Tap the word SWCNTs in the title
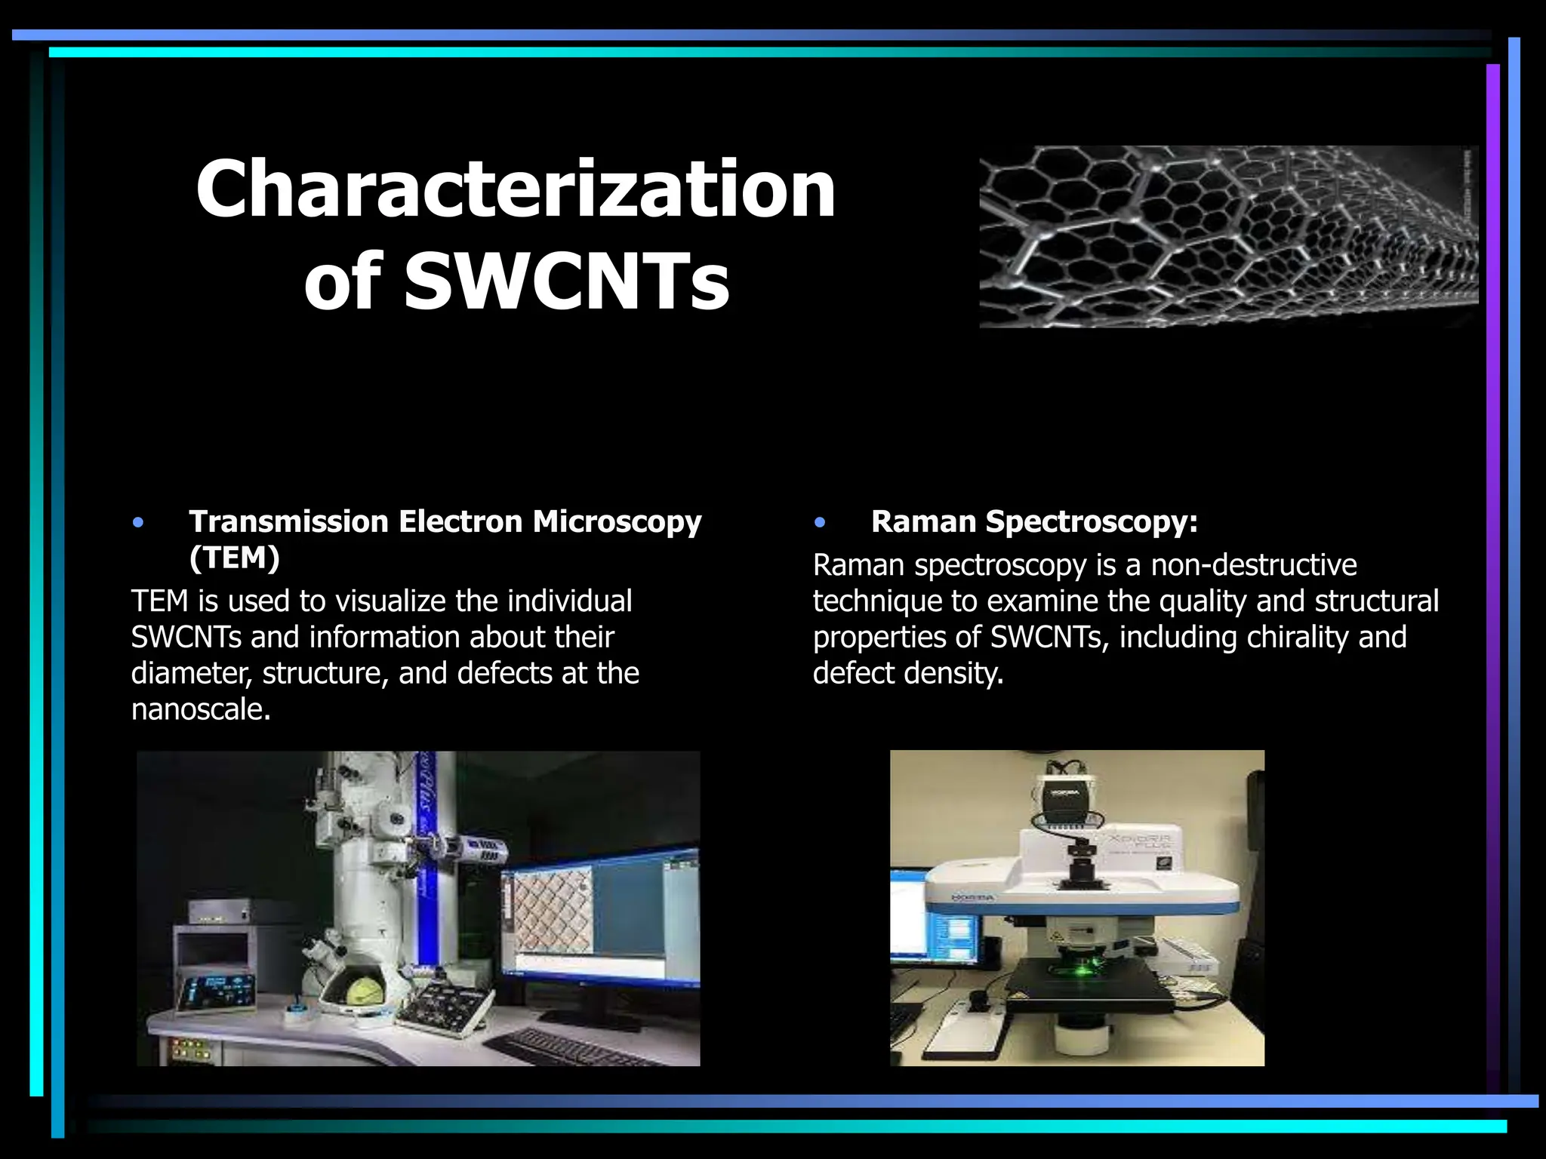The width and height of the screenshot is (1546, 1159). click(566, 281)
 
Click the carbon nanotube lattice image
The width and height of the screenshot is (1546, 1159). click(1228, 236)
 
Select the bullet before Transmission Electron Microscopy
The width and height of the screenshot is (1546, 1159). click(137, 522)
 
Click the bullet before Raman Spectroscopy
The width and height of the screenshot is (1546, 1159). click(820, 522)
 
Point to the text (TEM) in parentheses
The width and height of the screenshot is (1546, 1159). click(234, 558)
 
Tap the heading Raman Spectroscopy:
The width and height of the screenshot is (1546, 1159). click(1034, 522)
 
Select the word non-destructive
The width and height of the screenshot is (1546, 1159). click(1253, 565)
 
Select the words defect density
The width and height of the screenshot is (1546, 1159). click(907, 673)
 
